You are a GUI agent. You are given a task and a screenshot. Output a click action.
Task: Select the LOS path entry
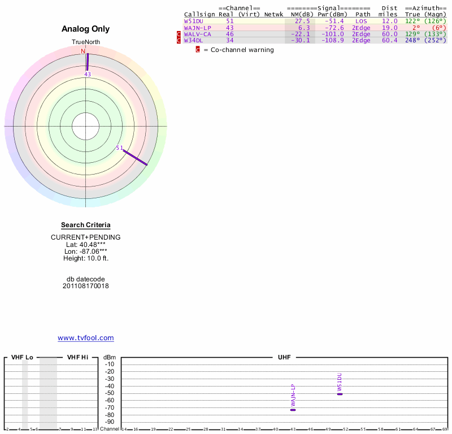[x=361, y=21]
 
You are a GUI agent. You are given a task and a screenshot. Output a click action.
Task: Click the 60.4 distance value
[x=389, y=40]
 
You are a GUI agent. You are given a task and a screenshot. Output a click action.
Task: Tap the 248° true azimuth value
[x=412, y=40]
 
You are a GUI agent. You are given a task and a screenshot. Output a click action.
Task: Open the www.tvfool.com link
[x=86, y=338]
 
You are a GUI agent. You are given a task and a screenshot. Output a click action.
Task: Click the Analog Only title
[x=86, y=29]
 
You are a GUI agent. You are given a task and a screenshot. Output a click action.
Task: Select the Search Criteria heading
[x=86, y=225]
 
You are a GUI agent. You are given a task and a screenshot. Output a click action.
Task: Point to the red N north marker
[x=83, y=51]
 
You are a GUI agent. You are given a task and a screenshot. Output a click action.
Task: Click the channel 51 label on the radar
[x=119, y=148]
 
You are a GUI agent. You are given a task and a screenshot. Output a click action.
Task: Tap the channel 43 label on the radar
[x=88, y=74]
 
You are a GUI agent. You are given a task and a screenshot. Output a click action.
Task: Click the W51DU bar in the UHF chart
[x=340, y=394]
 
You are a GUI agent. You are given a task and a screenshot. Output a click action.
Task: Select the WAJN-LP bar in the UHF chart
[x=293, y=409]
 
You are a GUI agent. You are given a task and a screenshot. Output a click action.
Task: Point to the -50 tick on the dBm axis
[x=110, y=393]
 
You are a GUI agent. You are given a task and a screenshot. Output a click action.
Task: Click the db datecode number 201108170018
[x=86, y=286]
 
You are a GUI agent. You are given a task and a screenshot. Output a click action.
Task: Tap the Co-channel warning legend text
[x=238, y=50]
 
